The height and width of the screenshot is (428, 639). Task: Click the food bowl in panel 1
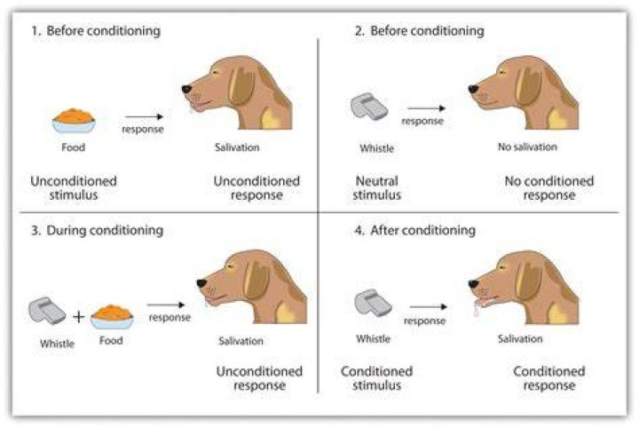point(74,121)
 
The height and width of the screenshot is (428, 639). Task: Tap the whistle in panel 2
point(369,107)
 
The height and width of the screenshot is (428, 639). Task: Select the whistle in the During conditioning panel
point(47,311)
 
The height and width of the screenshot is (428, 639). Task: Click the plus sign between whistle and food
point(79,316)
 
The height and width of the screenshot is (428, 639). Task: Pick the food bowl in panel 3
point(112,317)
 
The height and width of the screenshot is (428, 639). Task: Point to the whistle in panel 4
point(373,304)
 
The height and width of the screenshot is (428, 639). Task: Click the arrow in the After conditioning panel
point(429,306)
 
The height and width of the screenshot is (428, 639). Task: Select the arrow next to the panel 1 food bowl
point(144,117)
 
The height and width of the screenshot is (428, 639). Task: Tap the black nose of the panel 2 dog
point(473,89)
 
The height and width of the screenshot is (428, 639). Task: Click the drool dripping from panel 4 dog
point(476,311)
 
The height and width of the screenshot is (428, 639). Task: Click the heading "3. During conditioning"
point(98,230)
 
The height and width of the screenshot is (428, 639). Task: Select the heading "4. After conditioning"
point(414,230)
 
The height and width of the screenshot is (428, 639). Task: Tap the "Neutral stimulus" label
point(377,188)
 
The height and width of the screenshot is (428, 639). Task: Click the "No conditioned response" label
point(549,188)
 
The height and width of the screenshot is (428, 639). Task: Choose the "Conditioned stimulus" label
point(376,378)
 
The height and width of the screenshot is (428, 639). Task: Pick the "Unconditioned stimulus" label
point(74,188)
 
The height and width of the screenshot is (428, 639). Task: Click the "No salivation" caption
point(527,147)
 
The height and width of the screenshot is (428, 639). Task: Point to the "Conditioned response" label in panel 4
point(549,378)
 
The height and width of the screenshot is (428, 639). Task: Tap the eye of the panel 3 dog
point(232,267)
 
